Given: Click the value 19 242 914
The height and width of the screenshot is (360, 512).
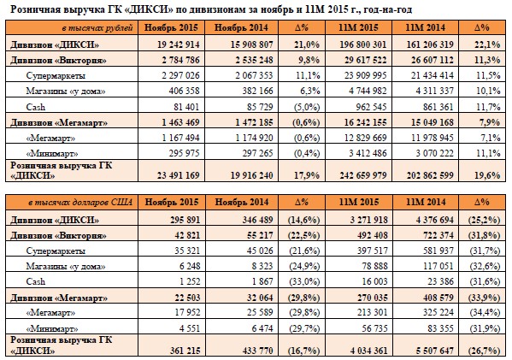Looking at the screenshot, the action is (x=179, y=44).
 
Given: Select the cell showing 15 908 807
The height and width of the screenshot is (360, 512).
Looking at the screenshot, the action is (x=252, y=44).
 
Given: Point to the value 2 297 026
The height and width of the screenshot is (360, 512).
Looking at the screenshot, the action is (x=180, y=76).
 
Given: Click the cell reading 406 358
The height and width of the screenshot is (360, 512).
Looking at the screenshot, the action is (x=184, y=91).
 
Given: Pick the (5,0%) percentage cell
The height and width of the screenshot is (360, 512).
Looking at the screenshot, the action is (x=307, y=107).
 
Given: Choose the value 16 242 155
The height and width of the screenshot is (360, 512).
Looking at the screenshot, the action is (x=365, y=122).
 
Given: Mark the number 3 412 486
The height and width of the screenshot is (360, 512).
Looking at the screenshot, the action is (x=368, y=153).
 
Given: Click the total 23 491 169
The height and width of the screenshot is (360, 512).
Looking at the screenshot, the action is (x=179, y=175).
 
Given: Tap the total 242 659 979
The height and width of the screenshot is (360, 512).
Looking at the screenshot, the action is (x=363, y=175).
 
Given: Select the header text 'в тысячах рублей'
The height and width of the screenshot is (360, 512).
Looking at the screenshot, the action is (x=97, y=28).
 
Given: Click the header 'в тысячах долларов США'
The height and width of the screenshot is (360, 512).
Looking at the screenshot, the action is (x=80, y=203).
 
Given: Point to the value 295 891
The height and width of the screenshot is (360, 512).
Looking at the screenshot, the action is (x=185, y=220).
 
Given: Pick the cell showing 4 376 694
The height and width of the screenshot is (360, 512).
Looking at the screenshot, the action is (x=434, y=220).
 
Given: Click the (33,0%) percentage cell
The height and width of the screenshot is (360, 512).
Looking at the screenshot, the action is (x=304, y=281).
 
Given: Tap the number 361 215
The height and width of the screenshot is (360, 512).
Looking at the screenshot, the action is (x=185, y=351).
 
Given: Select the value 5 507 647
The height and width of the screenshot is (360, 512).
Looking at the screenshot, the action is (x=434, y=351).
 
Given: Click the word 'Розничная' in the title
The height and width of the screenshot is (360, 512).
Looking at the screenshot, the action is (x=31, y=9).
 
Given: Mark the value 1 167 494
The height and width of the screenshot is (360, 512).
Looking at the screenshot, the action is (x=180, y=138).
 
